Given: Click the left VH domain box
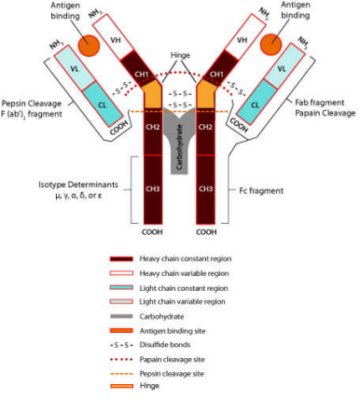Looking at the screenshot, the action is tap(114, 36).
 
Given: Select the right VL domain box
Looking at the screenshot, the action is tap(281, 66).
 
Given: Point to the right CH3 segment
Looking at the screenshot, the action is tap(206, 189).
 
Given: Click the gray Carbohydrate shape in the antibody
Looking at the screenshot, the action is tap(180, 140).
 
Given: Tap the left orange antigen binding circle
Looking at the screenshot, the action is tap(89, 46).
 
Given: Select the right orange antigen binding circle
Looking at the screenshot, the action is tap(270, 44).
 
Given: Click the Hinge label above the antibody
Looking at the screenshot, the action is tap(180, 55).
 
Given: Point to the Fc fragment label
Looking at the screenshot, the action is tap(261, 190).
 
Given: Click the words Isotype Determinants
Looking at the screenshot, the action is tap(78, 185).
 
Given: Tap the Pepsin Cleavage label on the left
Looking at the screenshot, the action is tap(32, 103).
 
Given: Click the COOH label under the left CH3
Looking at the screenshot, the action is tap(152, 232).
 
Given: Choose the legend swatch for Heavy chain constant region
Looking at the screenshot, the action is tap(121, 259).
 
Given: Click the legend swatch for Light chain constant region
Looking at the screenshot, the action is tap(121, 288).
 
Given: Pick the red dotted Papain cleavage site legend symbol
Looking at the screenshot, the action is tap(121, 360).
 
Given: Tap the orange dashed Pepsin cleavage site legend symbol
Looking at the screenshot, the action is tap(121, 374).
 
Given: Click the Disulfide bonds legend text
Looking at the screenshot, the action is tap(165, 345).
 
